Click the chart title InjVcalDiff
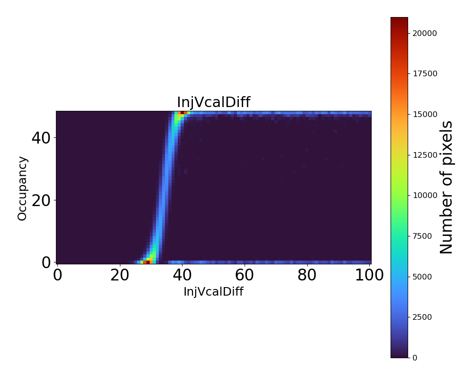point(213,102)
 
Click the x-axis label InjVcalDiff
point(213,292)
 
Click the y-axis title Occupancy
point(22,188)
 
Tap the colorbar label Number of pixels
point(447,187)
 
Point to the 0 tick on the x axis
point(57,275)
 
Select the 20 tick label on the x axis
point(120,275)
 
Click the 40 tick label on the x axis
point(182,275)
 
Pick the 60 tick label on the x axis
point(245,275)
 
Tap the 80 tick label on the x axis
point(307,275)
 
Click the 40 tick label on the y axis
point(41,138)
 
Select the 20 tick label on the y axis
point(41,200)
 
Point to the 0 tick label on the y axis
point(46,262)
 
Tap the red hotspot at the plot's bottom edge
point(148,262)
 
